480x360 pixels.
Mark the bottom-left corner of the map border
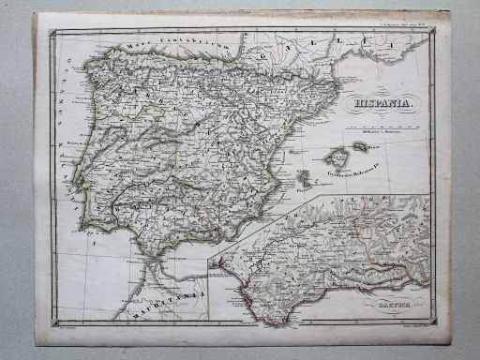click(x=52, y=319)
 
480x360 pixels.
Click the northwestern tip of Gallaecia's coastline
click(x=87, y=64)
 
